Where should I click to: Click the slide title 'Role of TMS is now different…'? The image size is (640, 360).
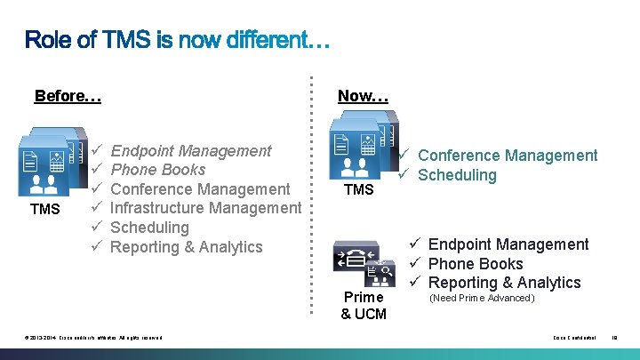pyautogui.click(x=178, y=40)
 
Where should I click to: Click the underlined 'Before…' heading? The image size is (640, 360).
pyautogui.click(x=68, y=95)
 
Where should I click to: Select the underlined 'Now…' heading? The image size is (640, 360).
pyautogui.click(x=363, y=95)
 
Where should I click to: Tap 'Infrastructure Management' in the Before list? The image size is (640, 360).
pyautogui.click(x=205, y=208)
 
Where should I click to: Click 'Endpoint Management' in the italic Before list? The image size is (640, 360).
pyautogui.click(x=191, y=151)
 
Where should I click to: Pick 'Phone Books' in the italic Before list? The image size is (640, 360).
pyautogui.click(x=157, y=170)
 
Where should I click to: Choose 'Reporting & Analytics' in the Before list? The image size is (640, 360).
pyautogui.click(x=187, y=246)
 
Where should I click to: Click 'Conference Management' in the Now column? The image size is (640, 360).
pyautogui.click(x=508, y=156)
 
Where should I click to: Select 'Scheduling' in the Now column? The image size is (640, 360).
pyautogui.click(x=457, y=174)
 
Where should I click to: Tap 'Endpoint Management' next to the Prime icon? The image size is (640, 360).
pyautogui.click(x=508, y=244)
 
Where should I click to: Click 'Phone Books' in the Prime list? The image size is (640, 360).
pyautogui.click(x=476, y=264)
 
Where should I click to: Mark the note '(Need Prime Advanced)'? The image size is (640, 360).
pyautogui.click(x=482, y=298)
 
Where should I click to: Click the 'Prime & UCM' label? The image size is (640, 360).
pyautogui.click(x=364, y=305)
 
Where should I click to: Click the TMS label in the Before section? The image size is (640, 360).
pyautogui.click(x=44, y=209)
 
